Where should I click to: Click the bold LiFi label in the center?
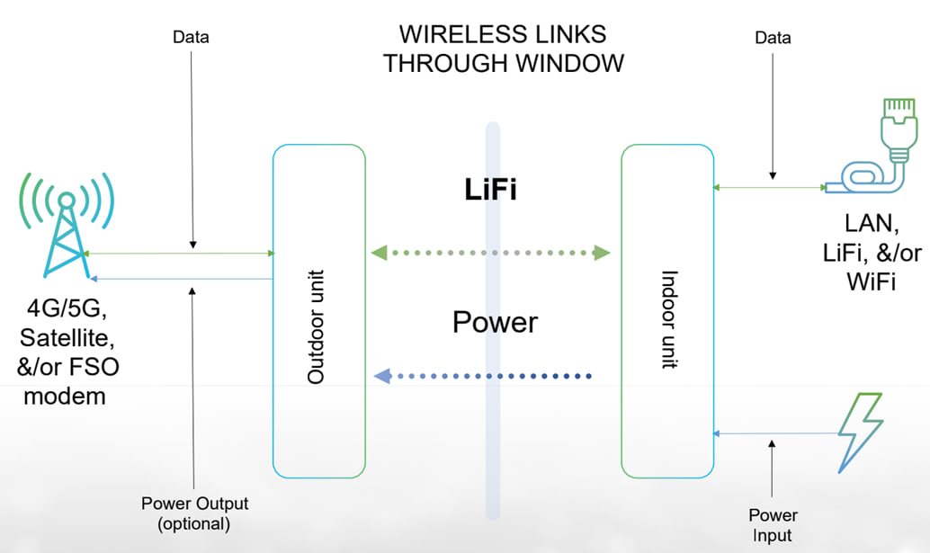point(490,191)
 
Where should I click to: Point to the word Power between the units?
point(495,322)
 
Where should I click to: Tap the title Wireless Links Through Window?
point(502,49)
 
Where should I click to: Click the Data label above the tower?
point(192,38)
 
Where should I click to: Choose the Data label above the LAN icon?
point(773,38)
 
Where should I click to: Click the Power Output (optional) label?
point(194,513)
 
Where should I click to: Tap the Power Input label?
point(773,525)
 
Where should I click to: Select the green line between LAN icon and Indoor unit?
point(769,188)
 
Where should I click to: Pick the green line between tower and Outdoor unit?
point(180,254)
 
